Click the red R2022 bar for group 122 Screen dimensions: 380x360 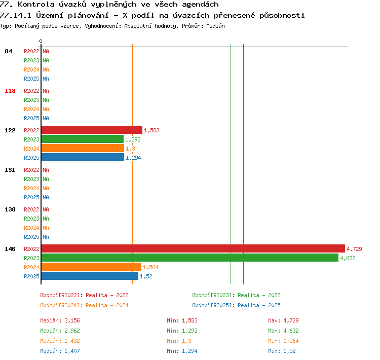coord(92,130)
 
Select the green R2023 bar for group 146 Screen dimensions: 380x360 coord(190,258)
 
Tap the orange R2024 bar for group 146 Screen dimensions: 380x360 coord(91,267)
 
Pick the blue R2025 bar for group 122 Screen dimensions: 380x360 coord(83,158)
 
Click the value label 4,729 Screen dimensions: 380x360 coord(354,249)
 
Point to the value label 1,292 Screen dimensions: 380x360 coord(133,139)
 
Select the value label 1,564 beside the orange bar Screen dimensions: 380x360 coord(150,267)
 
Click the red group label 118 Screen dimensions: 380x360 coord(10,91)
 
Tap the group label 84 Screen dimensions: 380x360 coord(8,51)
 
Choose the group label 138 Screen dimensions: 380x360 coord(10,209)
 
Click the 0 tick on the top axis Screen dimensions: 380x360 coord(41,41)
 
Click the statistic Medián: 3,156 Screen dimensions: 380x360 coord(60,320)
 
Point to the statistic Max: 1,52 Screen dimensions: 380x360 coord(282,351)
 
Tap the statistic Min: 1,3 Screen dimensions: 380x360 coord(179,341)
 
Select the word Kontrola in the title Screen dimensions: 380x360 coord(36,4)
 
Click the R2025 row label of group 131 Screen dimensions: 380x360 coord(31,197)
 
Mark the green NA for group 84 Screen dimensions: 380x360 coord(46,60)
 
